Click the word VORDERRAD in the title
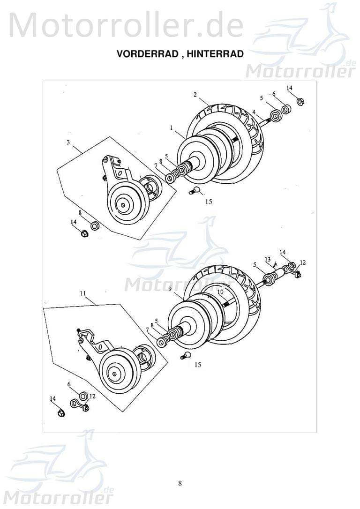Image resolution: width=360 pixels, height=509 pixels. (146, 54)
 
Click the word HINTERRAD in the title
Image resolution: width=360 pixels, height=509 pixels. (215, 54)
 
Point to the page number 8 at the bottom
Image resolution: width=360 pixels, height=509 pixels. (180, 484)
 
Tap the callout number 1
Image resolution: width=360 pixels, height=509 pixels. (172, 127)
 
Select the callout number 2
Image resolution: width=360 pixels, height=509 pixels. (195, 94)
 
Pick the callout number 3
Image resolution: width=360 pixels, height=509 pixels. (68, 142)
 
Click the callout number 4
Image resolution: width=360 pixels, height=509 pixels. (254, 112)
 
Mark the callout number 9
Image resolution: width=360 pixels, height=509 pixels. (170, 289)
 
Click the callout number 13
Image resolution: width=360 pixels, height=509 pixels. (267, 259)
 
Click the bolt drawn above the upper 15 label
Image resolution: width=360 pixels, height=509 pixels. (196, 190)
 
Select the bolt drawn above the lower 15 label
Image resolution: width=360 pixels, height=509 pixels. (186, 356)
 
